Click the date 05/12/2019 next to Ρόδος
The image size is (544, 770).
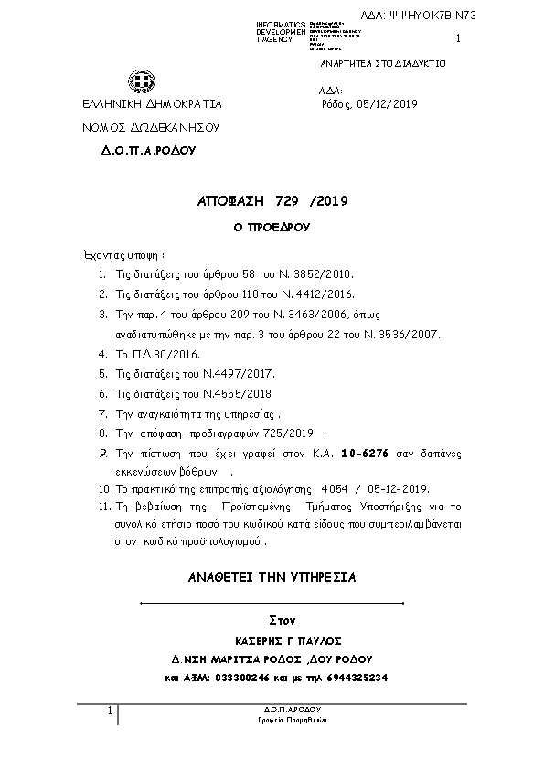(x=388, y=104)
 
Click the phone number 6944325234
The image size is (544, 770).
(x=357, y=678)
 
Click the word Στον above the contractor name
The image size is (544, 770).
(x=283, y=621)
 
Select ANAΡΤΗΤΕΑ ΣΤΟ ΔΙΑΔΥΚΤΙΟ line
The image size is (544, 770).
(x=382, y=65)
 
